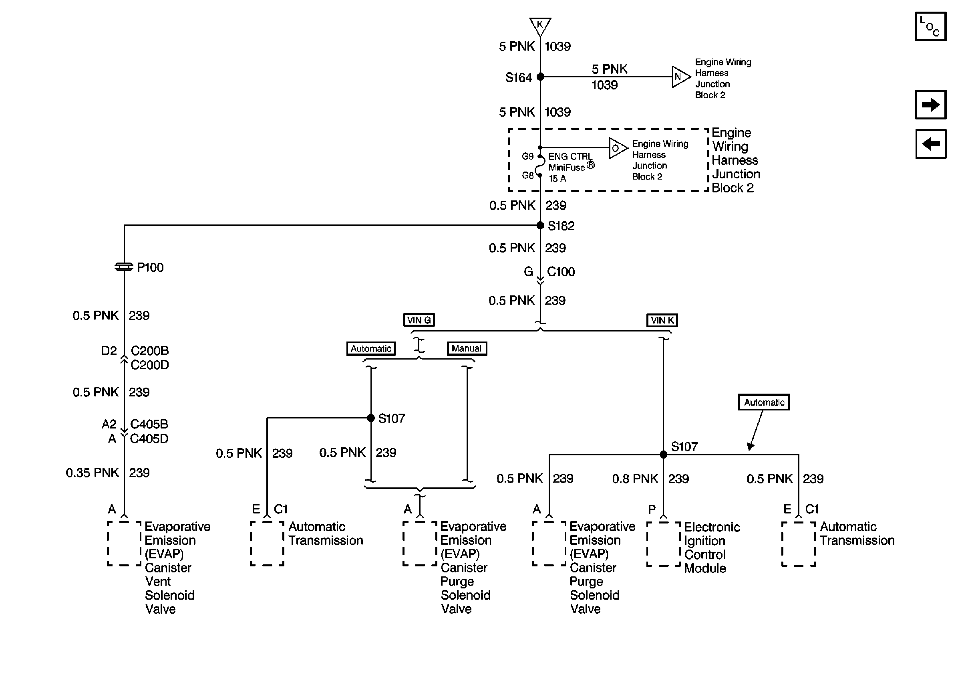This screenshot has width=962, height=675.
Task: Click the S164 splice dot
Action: tap(541, 77)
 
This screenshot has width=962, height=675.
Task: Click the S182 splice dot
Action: tap(541, 226)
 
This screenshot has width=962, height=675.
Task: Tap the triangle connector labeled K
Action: tap(540, 25)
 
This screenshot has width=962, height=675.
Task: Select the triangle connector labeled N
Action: tap(680, 77)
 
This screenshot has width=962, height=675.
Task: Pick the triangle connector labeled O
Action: tap(617, 148)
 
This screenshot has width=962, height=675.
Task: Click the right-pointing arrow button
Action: tap(931, 104)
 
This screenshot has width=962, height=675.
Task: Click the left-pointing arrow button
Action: tap(931, 144)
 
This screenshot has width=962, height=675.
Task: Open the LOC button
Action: tap(931, 27)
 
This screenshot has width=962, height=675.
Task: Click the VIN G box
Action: tap(419, 320)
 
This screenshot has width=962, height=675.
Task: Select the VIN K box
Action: tap(662, 320)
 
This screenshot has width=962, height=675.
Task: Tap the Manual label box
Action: tap(467, 348)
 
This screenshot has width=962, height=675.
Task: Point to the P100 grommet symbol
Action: tap(124, 267)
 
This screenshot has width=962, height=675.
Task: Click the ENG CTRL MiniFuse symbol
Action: tap(540, 166)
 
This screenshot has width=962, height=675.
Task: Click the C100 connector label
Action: tap(561, 272)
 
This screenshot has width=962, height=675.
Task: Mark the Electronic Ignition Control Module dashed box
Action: tap(663, 544)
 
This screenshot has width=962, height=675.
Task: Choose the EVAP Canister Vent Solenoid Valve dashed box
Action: tap(124, 544)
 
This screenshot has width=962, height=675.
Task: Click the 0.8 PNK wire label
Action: tap(635, 478)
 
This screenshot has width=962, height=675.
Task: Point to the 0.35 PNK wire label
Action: tap(93, 473)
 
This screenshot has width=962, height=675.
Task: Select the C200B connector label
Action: tap(149, 350)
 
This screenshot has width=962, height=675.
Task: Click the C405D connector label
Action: tap(149, 439)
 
